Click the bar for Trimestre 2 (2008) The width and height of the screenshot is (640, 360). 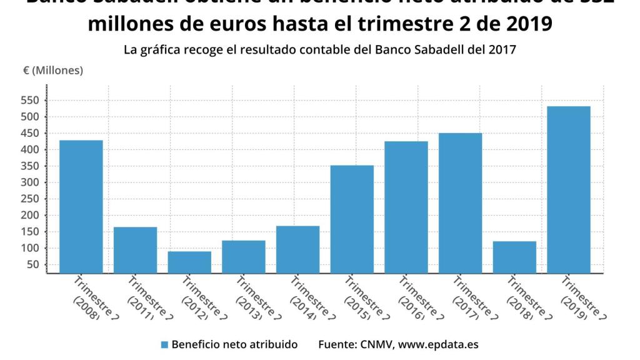tap(81, 206)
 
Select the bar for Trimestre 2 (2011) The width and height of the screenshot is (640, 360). tap(135, 250)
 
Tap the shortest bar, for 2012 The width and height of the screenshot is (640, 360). tap(189, 262)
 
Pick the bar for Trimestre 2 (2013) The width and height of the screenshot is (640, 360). tap(244, 256)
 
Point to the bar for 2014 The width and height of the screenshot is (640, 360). tap(297, 249)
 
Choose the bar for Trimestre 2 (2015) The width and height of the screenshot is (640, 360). tap(352, 219)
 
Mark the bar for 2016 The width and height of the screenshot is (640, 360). tap(406, 207)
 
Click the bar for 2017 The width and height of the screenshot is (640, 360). tap(460, 202)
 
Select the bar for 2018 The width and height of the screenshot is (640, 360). tap(514, 257)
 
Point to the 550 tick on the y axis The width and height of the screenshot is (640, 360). tap(31, 101)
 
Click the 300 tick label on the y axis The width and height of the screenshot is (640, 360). tap(31, 182)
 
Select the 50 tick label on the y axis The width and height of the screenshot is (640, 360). tap(33, 264)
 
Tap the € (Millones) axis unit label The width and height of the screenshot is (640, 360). tap(53, 71)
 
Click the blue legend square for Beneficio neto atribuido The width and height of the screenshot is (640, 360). tap(164, 344)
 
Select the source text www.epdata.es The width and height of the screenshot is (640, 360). tap(439, 344)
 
